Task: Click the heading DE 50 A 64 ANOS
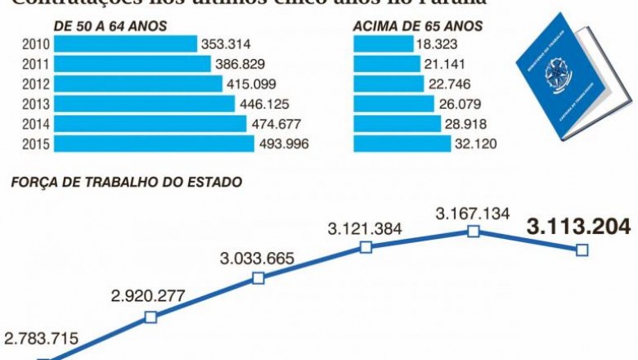tap(110, 26)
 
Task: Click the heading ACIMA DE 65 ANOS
tap(417, 26)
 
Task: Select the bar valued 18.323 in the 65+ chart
tap(383, 44)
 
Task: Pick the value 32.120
tap(477, 144)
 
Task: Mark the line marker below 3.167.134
tap(473, 232)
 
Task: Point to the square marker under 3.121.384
tap(366, 246)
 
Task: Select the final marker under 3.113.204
tap(582, 250)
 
